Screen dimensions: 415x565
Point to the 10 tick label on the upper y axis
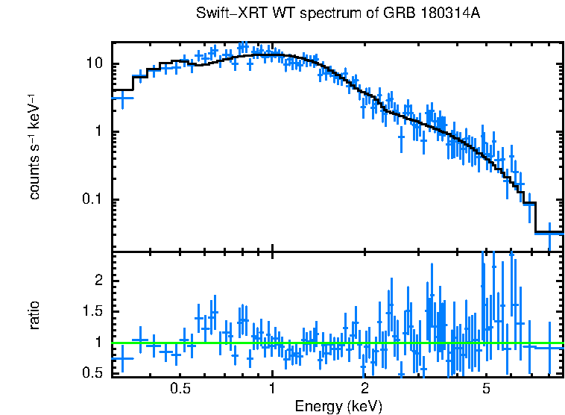[x=95, y=64]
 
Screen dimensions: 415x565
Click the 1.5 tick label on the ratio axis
[x=95, y=311]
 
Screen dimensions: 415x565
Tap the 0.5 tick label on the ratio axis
[x=95, y=372]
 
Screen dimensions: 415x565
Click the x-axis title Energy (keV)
[x=338, y=406]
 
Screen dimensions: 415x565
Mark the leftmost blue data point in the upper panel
[x=122, y=97]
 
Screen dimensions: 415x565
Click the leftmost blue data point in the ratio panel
[x=122, y=358]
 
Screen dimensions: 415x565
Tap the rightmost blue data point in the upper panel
[x=549, y=234]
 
